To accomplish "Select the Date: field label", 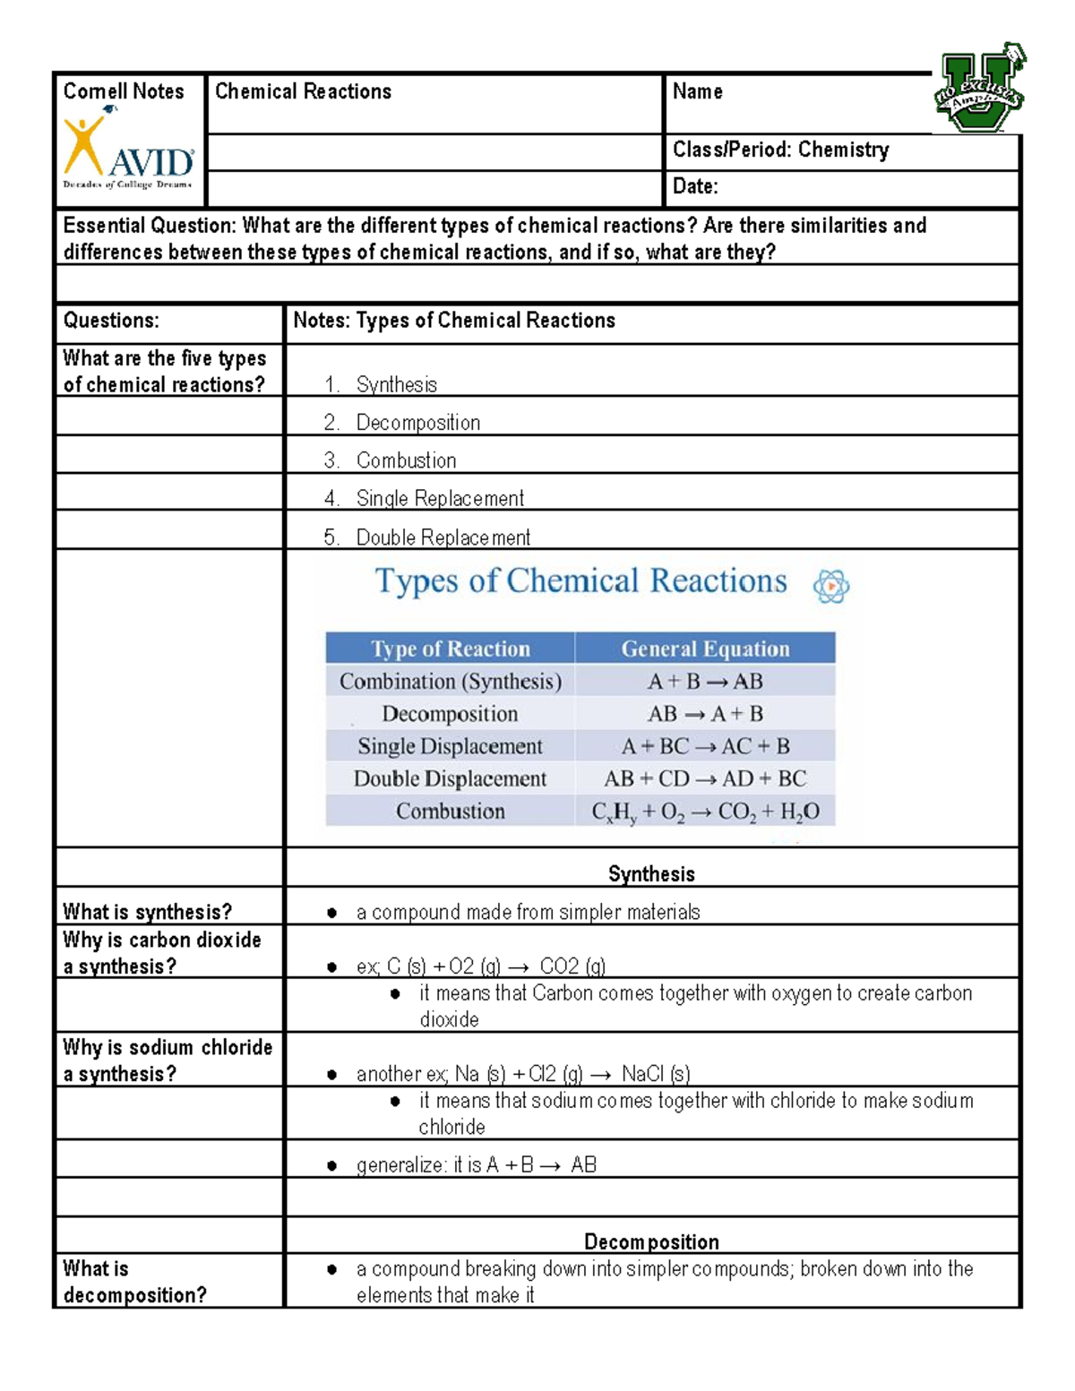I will pos(695,187).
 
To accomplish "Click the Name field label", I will pos(697,91).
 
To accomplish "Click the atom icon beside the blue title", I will pos(830,587).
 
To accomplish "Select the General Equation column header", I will pos(705,648).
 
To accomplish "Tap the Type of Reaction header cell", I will pos(450,648).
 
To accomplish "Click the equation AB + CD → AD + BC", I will pos(705,778).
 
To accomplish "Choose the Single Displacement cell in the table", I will pos(450,746).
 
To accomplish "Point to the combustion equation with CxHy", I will pos(705,811).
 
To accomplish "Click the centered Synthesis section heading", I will pos(651,874).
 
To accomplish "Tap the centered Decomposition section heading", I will pos(651,1241).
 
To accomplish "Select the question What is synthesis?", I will pos(148,912).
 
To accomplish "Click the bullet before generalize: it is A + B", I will pos(332,1165).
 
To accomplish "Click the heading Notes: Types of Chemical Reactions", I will pos(454,321).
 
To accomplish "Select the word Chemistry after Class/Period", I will pos(843,150).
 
